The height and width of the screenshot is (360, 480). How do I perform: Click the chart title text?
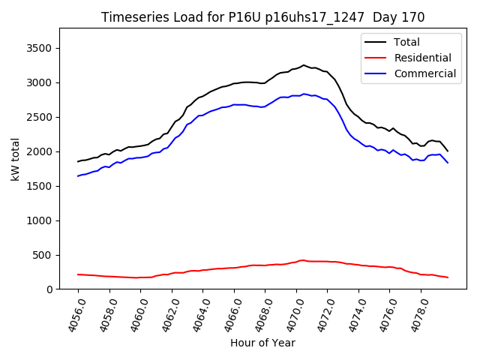pyautogui.click(x=262, y=17)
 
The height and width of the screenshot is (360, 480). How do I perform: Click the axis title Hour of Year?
pyautogui.click(x=262, y=343)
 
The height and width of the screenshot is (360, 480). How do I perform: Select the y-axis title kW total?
pyautogui.click(x=15, y=159)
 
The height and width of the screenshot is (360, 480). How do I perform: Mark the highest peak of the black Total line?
pyautogui.click(x=304, y=65)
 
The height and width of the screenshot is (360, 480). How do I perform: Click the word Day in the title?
pyautogui.click(x=390, y=17)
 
